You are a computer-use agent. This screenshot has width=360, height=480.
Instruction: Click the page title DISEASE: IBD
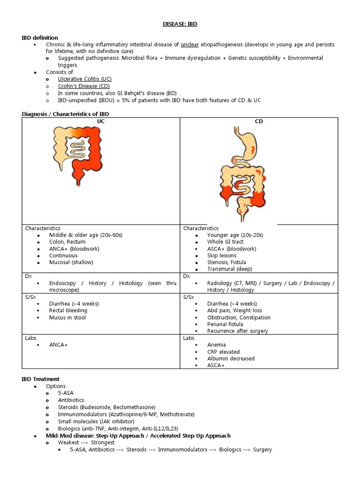[180, 24]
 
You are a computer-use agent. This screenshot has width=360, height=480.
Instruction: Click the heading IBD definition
[40, 37]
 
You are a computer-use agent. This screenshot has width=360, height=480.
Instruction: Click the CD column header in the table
[259, 121]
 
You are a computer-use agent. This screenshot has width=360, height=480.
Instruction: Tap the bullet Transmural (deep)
[229, 269]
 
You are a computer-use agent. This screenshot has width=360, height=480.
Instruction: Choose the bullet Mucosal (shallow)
[71, 262]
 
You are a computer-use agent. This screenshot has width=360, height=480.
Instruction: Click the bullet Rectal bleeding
[68, 310]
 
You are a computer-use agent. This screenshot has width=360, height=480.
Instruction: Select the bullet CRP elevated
[223, 352]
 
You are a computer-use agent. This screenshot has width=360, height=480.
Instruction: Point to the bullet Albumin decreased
[231, 359]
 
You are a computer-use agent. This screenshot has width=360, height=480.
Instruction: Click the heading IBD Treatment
[41, 379]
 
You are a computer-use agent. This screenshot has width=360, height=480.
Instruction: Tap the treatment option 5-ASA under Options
[66, 393]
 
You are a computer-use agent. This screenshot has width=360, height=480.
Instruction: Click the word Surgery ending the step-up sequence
[262, 450]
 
